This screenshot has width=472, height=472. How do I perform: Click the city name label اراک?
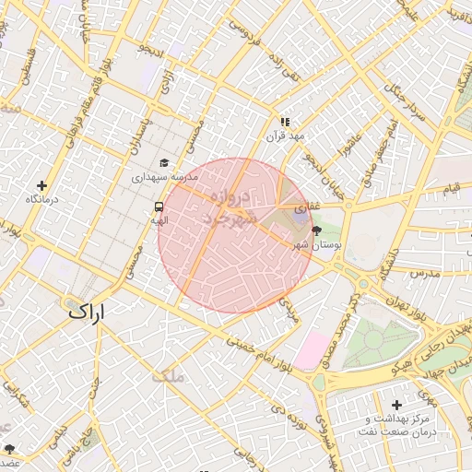(87, 313)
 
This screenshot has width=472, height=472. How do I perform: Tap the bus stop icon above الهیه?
(159, 206)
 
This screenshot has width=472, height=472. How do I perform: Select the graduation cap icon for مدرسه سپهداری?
(164, 162)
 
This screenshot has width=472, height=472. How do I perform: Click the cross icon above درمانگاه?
(41, 185)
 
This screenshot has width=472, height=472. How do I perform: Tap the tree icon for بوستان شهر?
(318, 230)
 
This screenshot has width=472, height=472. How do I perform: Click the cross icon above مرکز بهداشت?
(396, 405)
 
